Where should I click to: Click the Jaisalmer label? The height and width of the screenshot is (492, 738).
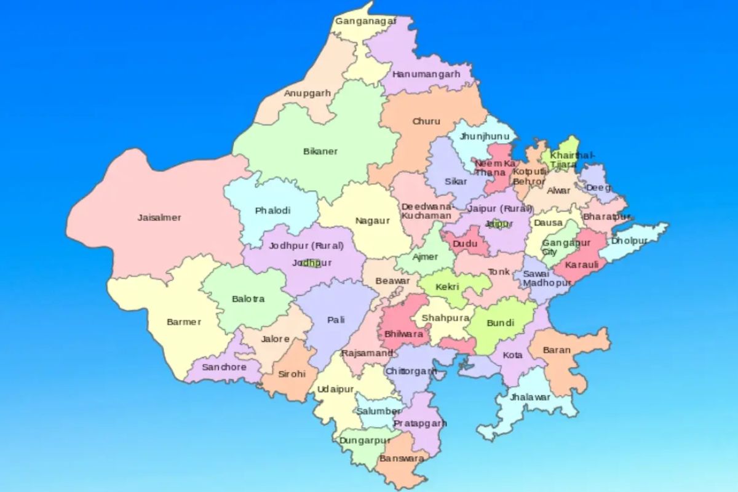pos(159,218)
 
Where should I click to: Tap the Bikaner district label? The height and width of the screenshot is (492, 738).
pos(320,151)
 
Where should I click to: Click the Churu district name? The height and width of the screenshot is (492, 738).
pos(426,121)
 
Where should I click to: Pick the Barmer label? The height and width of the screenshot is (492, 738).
pos(184,322)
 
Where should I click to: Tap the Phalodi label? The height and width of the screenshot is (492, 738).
pos(272,210)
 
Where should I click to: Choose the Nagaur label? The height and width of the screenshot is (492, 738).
pos(373,220)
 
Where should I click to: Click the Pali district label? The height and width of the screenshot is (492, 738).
pos(336,320)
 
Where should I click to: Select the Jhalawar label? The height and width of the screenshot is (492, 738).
pos(531,397)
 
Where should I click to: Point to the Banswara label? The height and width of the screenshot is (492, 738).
pos(402,459)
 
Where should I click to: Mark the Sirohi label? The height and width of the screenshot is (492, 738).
pos(292,374)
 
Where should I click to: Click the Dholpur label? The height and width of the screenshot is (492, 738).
pos(629,240)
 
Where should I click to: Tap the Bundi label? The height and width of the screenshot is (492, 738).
pos(500,322)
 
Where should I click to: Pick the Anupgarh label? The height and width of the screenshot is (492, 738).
pos(307,93)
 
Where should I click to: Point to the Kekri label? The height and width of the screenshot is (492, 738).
pos(447,287)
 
